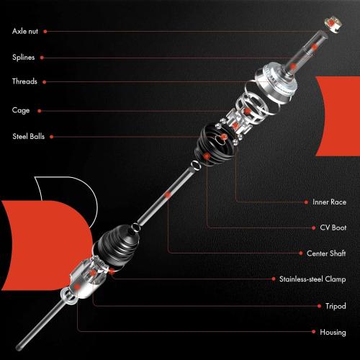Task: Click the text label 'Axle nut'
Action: pyautogui.click(x=26, y=32)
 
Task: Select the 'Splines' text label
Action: pyautogui.click(x=24, y=57)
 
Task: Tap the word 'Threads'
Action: pyautogui.click(x=24, y=81)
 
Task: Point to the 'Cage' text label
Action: pyautogui.click(x=21, y=110)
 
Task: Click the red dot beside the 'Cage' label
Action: pyautogui.click(x=39, y=110)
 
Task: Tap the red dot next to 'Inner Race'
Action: pyautogui.click(x=306, y=202)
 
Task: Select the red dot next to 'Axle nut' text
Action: pyautogui.click(x=46, y=32)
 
